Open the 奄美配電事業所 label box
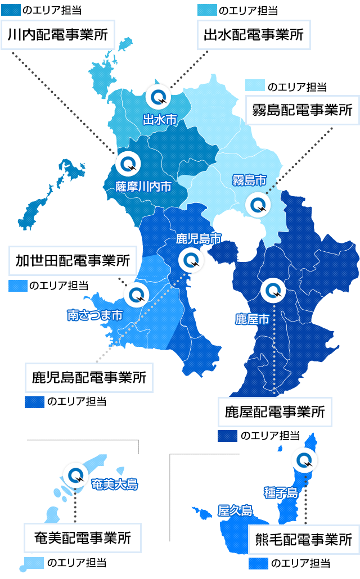coord(82,537)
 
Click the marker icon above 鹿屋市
coord(273,290)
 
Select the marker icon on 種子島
coord(305,460)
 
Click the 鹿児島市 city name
coord(199,238)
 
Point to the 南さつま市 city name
coord(94,315)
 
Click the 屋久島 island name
coord(235,510)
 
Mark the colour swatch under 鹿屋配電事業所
coord(227,436)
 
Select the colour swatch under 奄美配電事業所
coord(34,563)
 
